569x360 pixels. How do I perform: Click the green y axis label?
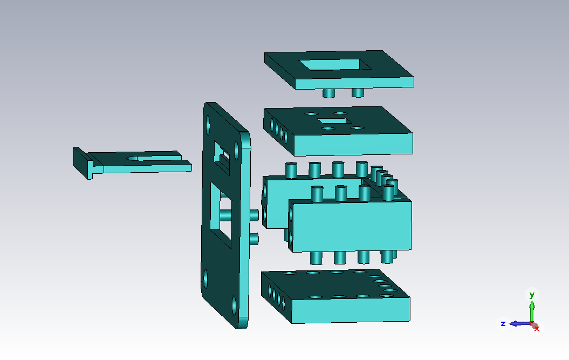[532, 295]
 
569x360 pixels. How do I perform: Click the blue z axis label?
[503, 323]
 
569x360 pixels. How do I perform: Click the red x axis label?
[537, 329]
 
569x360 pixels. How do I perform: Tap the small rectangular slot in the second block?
[334, 120]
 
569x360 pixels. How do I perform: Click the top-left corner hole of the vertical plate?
[208, 125]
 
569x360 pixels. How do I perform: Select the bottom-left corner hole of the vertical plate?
[205, 279]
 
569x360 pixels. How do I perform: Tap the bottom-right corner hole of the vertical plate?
[235, 305]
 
